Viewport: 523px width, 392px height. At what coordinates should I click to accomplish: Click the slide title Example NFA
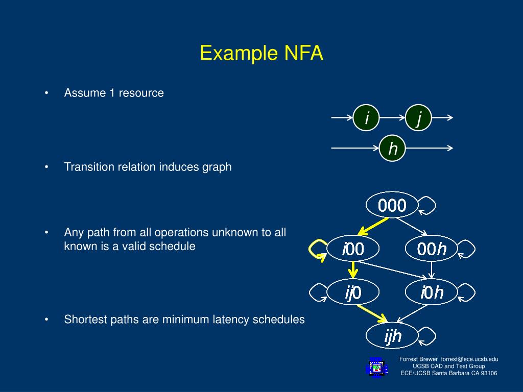click(261, 53)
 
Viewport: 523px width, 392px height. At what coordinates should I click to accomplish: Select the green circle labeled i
click(366, 118)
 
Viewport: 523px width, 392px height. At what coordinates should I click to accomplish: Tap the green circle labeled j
click(419, 118)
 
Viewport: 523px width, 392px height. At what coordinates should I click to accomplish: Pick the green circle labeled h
click(392, 149)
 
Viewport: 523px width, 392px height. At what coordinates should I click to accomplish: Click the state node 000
click(392, 205)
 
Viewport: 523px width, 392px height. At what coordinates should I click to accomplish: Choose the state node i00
click(353, 249)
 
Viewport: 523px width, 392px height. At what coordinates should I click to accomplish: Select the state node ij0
click(353, 292)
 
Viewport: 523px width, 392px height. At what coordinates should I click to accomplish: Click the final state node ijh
click(392, 336)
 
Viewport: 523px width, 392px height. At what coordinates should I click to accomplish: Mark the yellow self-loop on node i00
click(315, 249)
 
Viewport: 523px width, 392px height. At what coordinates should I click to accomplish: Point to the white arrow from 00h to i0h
click(432, 271)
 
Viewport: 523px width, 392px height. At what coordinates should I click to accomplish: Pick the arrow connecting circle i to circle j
click(392, 118)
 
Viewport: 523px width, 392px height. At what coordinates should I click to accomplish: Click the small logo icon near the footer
click(376, 367)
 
